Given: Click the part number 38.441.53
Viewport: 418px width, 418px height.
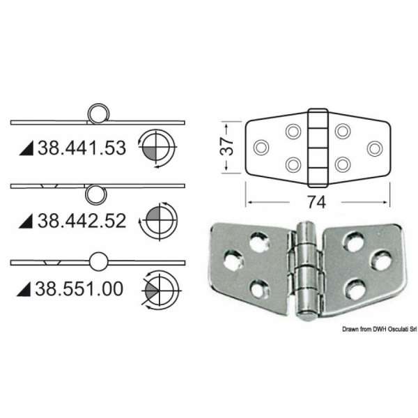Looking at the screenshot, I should (x=77, y=148).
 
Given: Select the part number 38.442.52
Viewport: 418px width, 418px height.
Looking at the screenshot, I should (x=77, y=222).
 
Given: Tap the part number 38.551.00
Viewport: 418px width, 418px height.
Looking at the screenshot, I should (x=77, y=288).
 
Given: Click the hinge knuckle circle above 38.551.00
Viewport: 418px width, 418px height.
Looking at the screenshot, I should (x=99, y=261).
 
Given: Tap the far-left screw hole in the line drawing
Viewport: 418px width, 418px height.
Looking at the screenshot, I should (x=262, y=148).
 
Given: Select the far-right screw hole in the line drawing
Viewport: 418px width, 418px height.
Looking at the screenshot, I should (x=374, y=148).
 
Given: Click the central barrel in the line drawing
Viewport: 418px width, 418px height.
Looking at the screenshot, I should (x=317, y=146).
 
